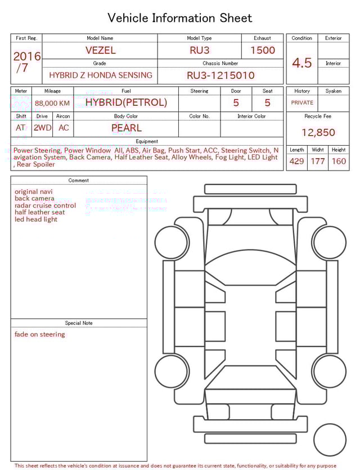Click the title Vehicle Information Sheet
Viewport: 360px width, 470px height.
180,18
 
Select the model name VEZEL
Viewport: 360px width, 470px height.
100,50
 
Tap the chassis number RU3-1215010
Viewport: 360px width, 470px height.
220,75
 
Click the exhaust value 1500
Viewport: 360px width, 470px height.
263,50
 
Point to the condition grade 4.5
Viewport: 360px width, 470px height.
302,62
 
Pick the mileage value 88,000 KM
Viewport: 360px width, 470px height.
52,103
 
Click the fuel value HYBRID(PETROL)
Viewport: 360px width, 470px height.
126,102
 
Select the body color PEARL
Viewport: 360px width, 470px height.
126,128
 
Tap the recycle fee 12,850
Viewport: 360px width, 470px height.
318,132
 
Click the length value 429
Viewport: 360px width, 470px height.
296,161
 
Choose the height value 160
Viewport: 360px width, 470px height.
339,161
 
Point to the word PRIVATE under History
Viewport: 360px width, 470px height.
302,103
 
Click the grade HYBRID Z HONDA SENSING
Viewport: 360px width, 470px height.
100,75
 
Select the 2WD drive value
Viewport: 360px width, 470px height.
42,128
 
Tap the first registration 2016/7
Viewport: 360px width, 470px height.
26,62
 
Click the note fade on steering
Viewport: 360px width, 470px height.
40,334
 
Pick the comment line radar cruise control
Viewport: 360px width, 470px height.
45,205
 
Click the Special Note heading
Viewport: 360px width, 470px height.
79,323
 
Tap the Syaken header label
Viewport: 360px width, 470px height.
333,91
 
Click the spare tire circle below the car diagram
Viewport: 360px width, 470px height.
330,440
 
